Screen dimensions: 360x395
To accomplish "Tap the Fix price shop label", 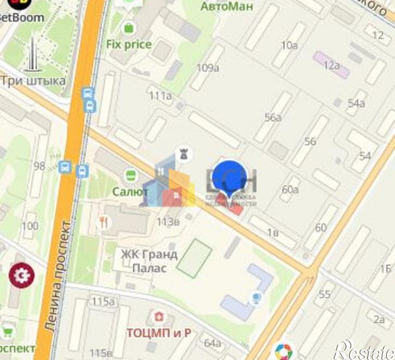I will point(129,44).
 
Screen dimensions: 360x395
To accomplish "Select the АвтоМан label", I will point(227,7).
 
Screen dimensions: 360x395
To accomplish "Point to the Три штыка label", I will point(33,81).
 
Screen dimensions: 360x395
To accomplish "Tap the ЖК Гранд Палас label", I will point(149,261).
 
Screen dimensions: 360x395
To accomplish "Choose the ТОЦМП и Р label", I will point(159,332).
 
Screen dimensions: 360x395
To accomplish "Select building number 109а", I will point(208,68).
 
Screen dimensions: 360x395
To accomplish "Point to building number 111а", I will point(160,96).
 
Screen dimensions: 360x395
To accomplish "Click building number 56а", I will point(272,117).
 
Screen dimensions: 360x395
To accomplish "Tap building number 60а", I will point(290,189).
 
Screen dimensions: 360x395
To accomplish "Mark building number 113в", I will point(168,221).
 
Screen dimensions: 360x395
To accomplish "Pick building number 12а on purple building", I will point(331,65).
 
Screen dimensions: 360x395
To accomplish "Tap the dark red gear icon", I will point(21,276).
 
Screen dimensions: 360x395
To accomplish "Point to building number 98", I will point(39,165).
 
